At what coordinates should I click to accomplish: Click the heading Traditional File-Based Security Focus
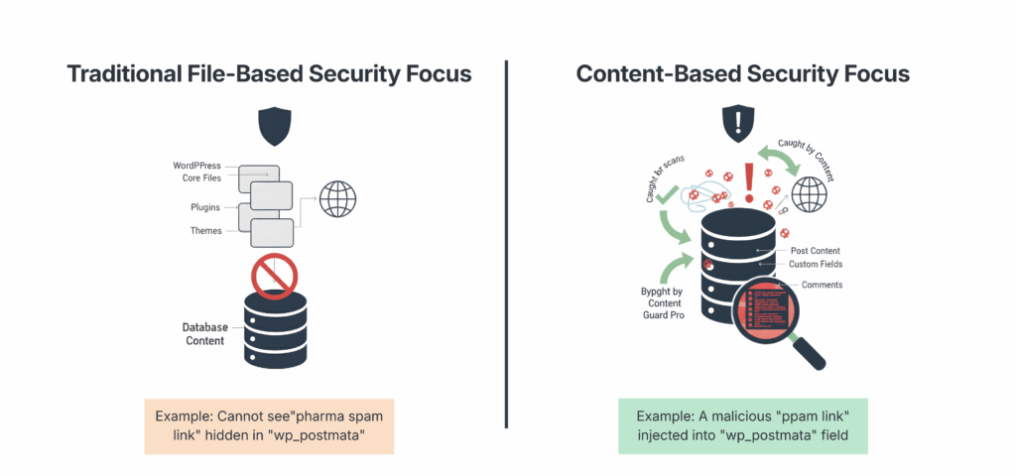pyautogui.click(x=269, y=74)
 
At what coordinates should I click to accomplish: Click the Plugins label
pyautogui.click(x=205, y=207)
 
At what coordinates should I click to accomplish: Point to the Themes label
pyautogui.click(x=205, y=231)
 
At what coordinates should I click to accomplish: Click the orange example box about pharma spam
pyautogui.click(x=269, y=426)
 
